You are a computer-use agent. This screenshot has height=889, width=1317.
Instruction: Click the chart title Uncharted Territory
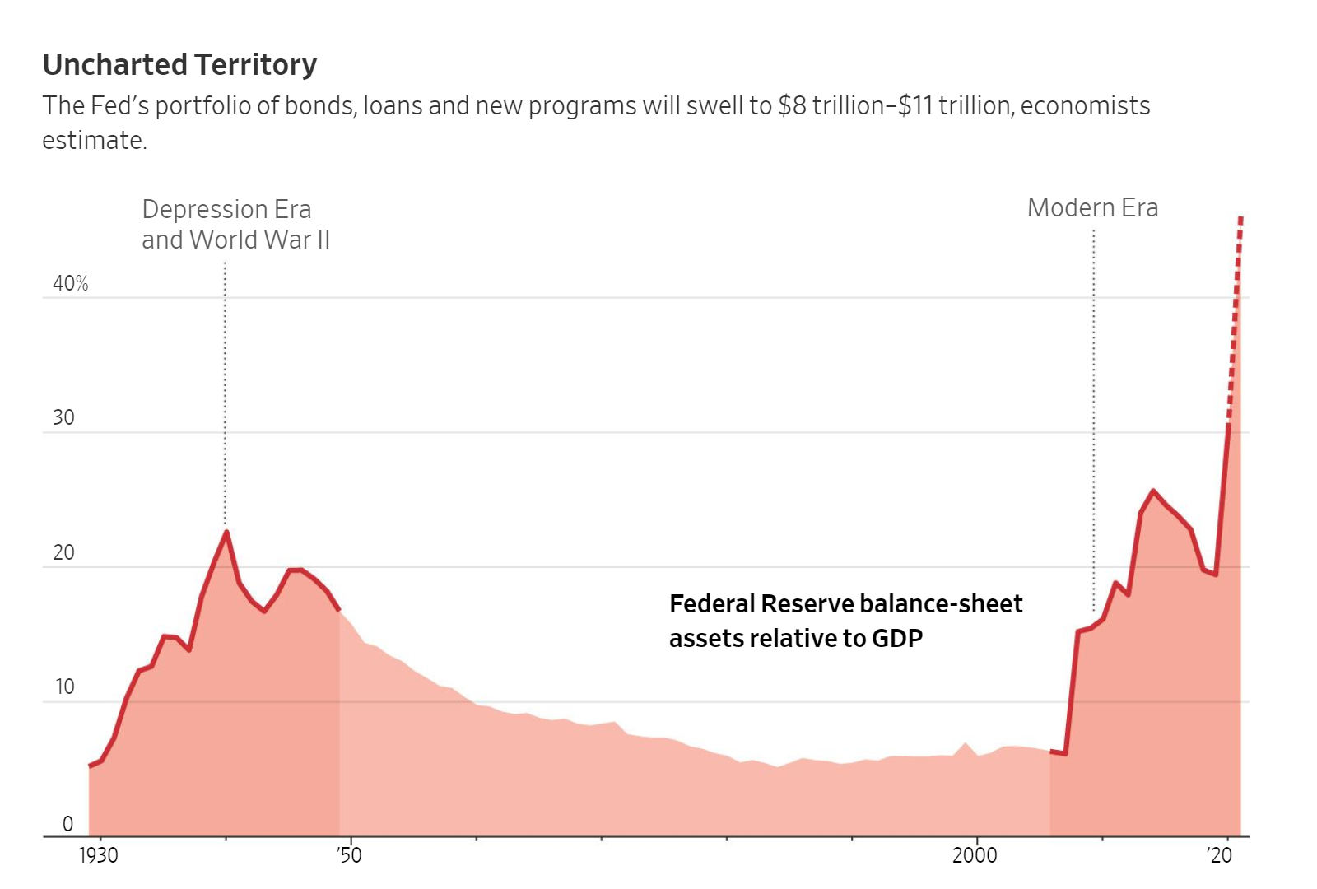coord(179,65)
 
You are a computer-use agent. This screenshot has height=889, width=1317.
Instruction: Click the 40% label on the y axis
coord(70,284)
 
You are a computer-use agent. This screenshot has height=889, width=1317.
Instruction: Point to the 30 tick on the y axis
coord(63,418)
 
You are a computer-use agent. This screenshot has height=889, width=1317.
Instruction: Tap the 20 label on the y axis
coord(63,553)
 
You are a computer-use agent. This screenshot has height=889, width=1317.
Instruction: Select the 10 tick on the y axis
coord(64,687)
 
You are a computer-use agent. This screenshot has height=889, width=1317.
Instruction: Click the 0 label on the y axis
coord(67,824)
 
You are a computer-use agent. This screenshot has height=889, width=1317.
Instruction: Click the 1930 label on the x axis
coord(98,856)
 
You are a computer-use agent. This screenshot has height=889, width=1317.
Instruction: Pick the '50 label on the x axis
coord(349,856)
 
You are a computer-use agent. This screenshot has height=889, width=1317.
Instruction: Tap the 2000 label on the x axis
coord(975,856)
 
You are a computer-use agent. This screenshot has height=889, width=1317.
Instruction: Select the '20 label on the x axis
coord(1220,856)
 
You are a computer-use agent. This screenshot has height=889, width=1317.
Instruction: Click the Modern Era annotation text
coord(1092,208)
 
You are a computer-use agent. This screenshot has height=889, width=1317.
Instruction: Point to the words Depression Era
coord(226,210)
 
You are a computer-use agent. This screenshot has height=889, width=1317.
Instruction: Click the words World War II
coord(259,240)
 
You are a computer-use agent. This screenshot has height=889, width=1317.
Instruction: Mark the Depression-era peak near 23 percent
coord(226,532)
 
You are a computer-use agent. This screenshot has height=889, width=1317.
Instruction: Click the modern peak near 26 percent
coord(1152,491)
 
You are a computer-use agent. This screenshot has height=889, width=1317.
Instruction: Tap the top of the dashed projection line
coord(1240,219)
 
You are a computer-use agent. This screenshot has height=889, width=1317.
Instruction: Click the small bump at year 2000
coord(966,743)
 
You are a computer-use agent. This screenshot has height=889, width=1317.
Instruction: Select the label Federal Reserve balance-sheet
coord(845,604)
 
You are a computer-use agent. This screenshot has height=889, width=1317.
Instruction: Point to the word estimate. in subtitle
coord(94,141)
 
